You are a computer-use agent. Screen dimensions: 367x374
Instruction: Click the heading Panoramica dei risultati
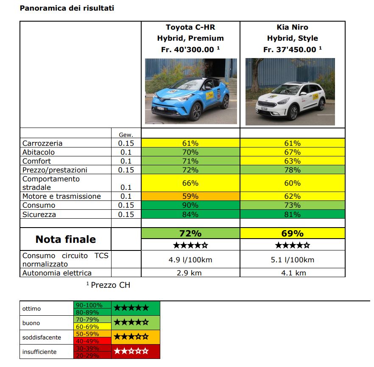pyautogui.click(x=67, y=8)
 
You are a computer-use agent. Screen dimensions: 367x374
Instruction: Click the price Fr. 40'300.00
pyautogui.click(x=187, y=49)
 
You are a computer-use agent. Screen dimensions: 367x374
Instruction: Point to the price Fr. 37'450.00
pyautogui.click(x=289, y=50)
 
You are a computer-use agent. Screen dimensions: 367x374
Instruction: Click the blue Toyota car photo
pyautogui.click(x=191, y=91)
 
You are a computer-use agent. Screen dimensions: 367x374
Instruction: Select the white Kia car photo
pyautogui.click(x=290, y=92)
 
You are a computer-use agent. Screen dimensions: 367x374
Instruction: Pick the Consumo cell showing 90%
pyautogui.click(x=190, y=206)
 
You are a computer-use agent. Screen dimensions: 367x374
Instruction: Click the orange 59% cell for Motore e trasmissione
pyautogui.click(x=190, y=197)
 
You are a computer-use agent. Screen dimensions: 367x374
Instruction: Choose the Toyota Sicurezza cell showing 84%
pyautogui.click(x=190, y=214)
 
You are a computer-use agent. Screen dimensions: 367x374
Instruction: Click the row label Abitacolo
pyautogui.click(x=39, y=152)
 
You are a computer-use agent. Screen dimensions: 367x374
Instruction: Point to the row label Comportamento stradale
pyautogui.click(x=51, y=183)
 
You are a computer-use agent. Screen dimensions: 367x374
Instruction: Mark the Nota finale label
pyautogui.click(x=66, y=239)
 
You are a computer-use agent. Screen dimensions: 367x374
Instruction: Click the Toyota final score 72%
pyautogui.click(x=190, y=234)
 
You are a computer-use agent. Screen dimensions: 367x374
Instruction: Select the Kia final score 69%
pyautogui.click(x=292, y=234)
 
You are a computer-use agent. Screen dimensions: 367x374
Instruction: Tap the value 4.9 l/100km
pyautogui.click(x=190, y=260)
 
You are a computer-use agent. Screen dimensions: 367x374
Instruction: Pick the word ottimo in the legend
pyautogui.click(x=31, y=309)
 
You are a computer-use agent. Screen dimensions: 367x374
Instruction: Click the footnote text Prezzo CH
pyautogui.click(x=110, y=285)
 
